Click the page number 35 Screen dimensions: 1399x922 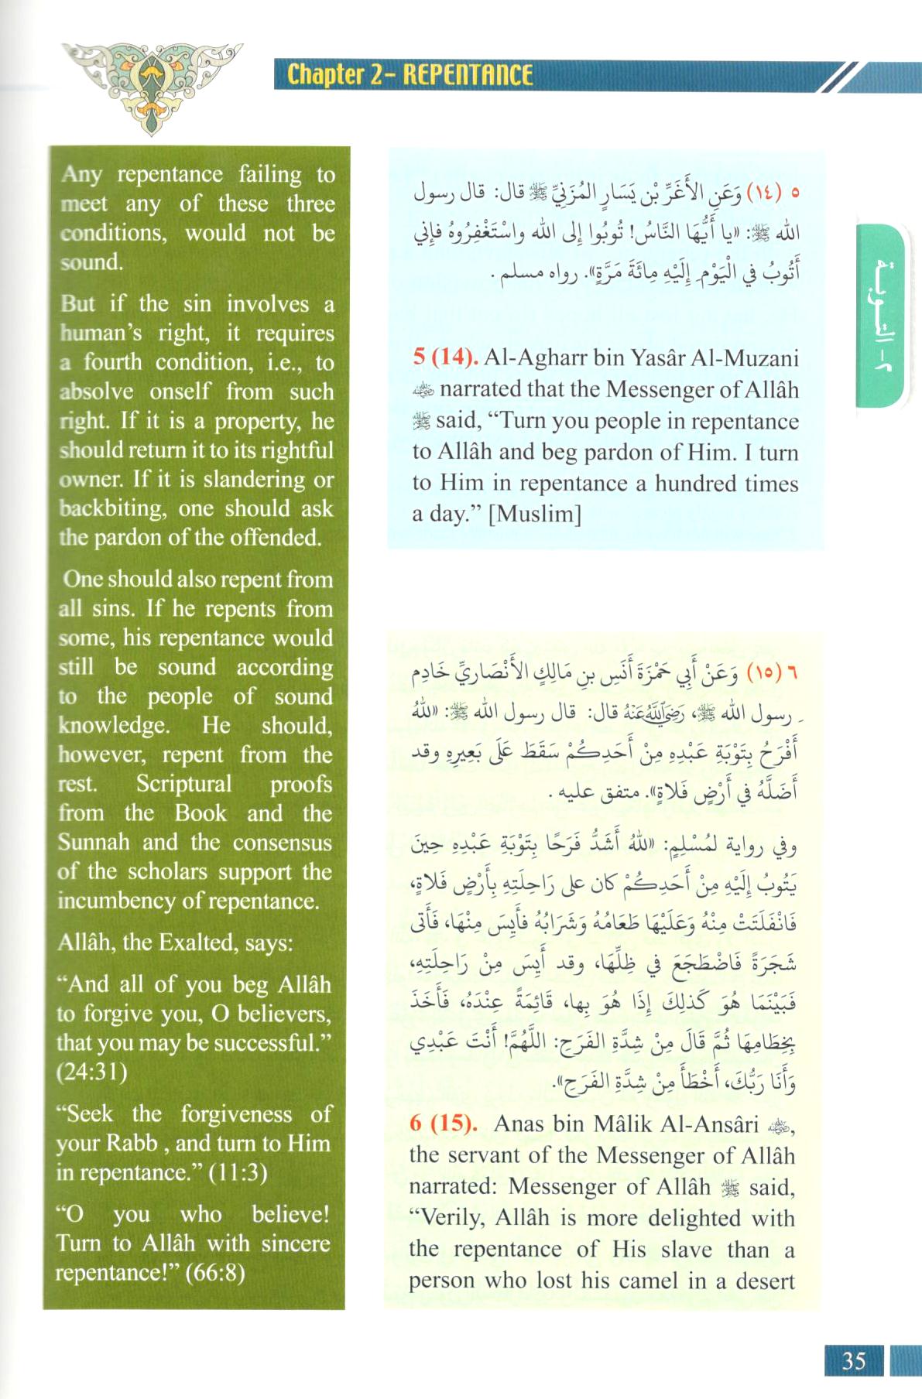[x=854, y=1361]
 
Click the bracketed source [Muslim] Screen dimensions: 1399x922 [x=535, y=514]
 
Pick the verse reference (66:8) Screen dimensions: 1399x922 [x=214, y=1273]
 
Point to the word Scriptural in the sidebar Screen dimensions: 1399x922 [x=184, y=784]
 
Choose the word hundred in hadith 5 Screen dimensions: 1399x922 [x=690, y=484]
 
